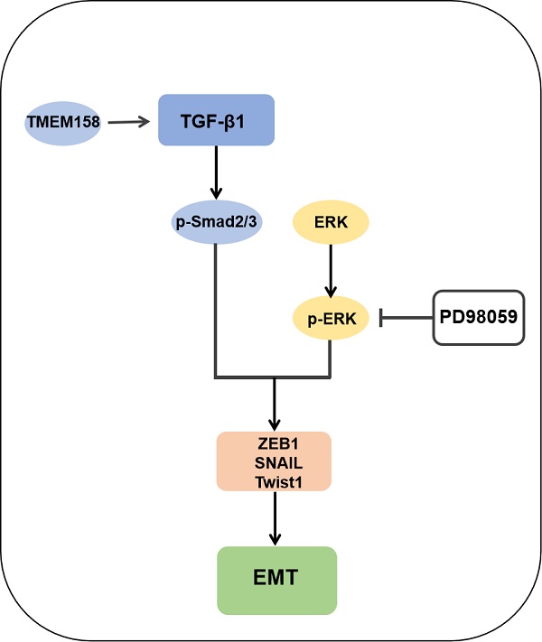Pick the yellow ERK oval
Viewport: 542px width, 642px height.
click(332, 221)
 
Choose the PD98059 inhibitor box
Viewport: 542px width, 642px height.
click(480, 317)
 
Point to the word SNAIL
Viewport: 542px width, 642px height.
click(275, 464)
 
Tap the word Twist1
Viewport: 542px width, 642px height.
click(275, 482)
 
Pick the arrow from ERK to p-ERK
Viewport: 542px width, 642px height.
click(332, 268)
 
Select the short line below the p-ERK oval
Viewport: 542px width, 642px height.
click(332, 357)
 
